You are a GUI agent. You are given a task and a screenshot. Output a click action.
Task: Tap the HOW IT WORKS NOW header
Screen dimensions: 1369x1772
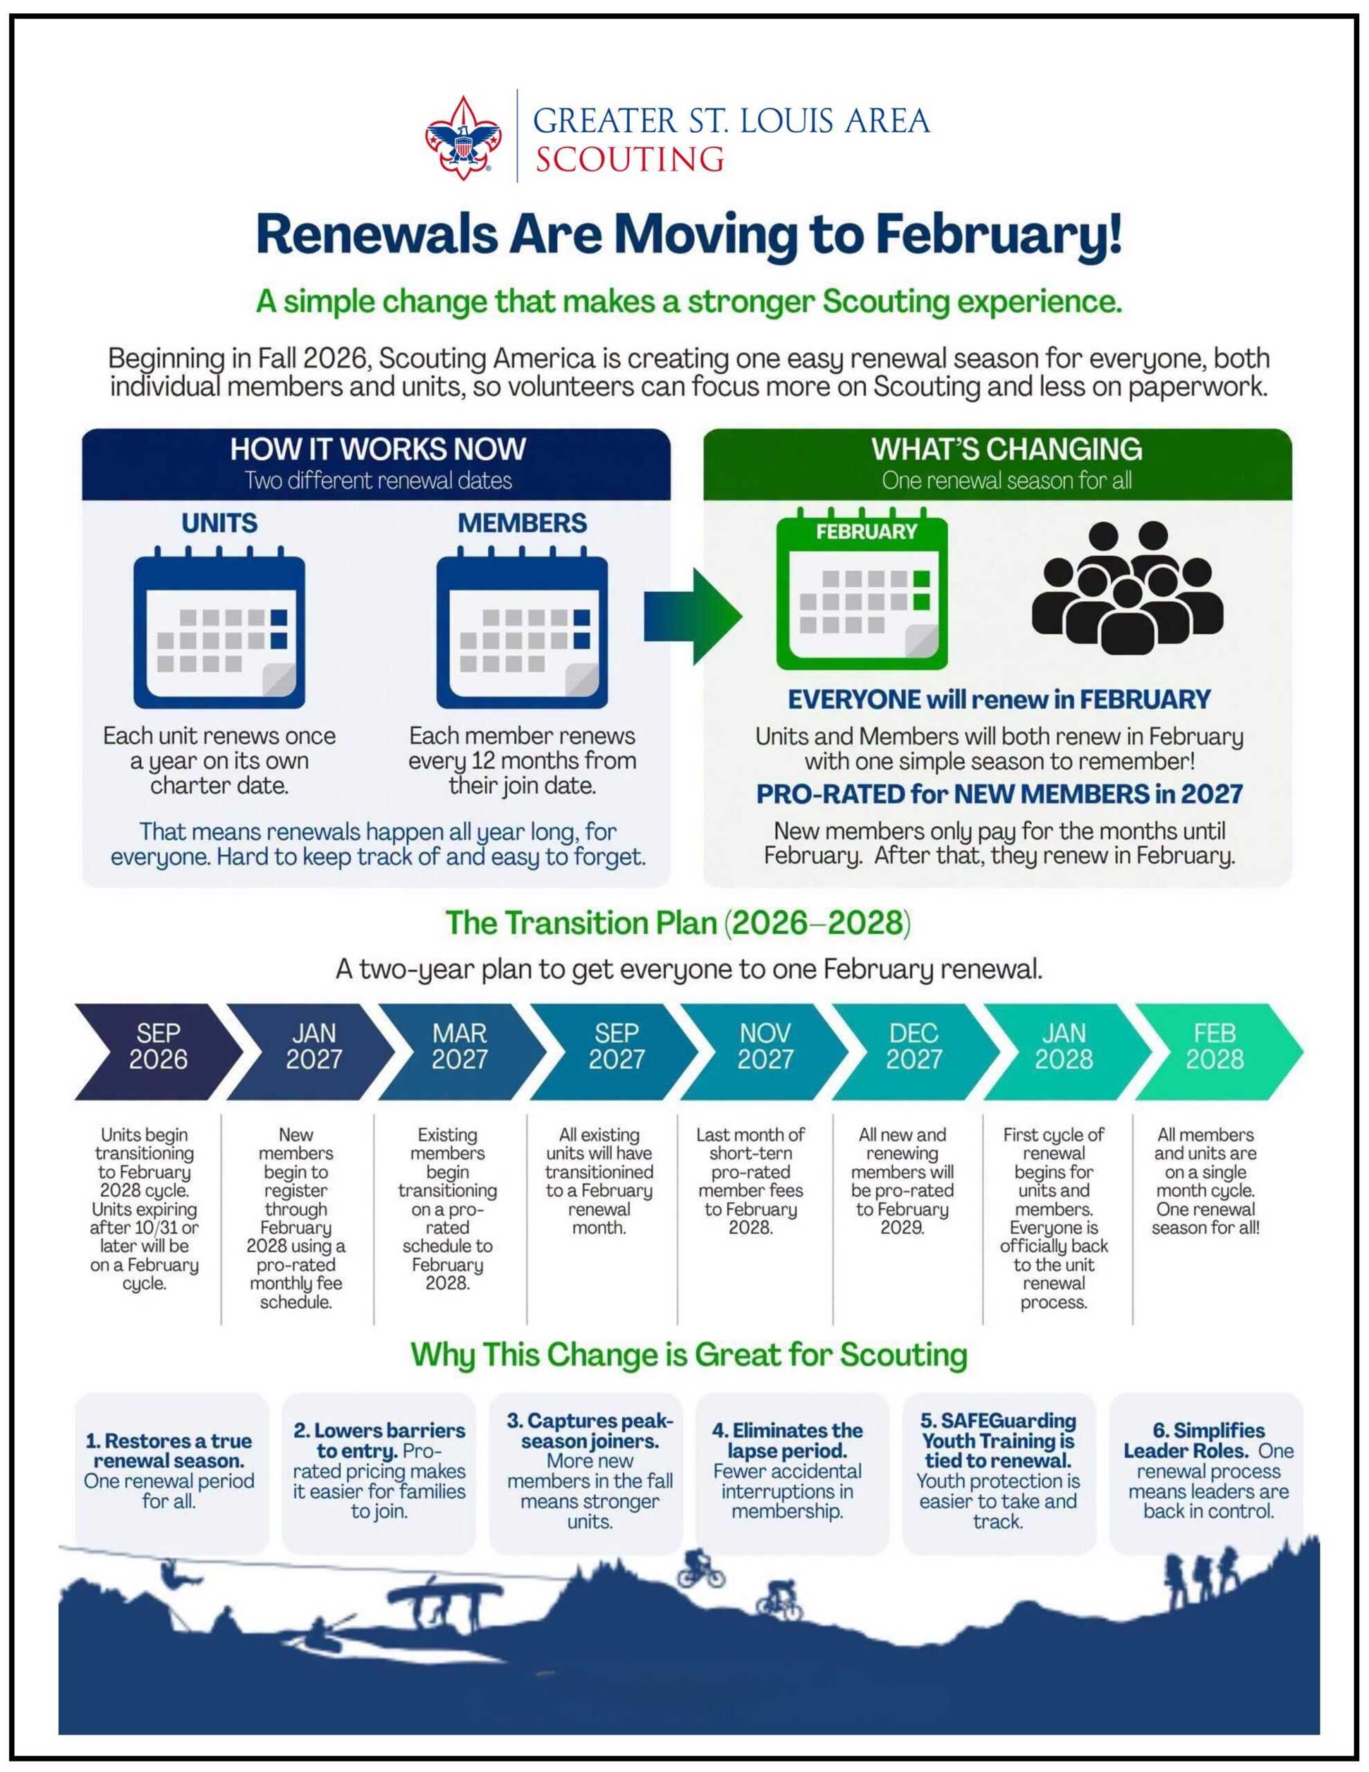coord(377,449)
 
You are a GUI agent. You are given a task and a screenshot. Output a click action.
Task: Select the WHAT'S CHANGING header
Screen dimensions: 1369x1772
coord(1006,449)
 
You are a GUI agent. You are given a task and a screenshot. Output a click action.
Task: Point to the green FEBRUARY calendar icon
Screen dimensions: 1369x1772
coord(862,588)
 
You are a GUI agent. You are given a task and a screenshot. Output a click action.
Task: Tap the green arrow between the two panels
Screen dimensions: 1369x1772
coord(693,616)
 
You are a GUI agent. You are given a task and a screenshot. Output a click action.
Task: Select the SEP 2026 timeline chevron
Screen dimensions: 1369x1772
coord(158,1051)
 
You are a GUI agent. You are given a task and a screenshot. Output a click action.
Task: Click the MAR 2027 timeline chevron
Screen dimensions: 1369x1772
coord(460,1051)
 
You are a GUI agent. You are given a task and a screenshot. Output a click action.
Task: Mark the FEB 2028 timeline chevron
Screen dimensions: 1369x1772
coord(1217,1051)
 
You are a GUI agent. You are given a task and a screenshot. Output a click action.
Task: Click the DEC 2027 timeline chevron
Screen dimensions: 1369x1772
coord(914,1051)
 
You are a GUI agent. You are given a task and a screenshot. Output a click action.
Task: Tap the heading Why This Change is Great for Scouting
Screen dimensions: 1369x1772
coord(689,1355)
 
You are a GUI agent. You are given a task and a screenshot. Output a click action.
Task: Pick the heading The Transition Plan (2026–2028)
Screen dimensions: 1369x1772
coord(678,923)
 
